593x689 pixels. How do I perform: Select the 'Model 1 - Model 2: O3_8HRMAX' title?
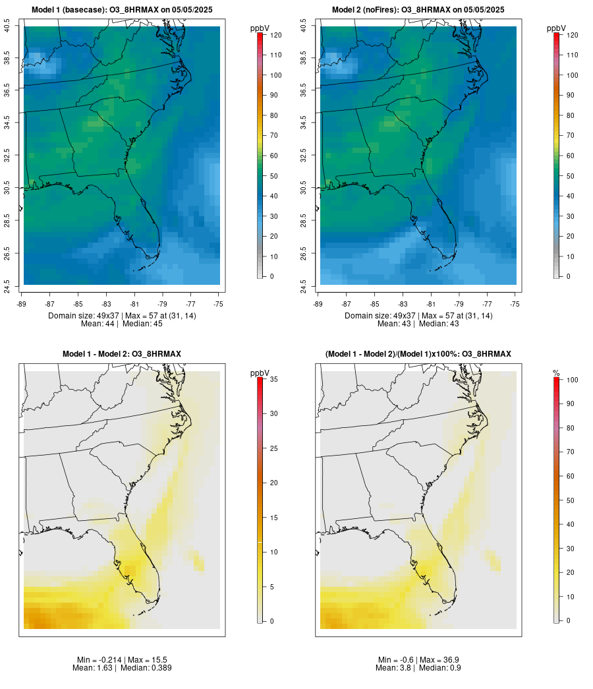point(122,354)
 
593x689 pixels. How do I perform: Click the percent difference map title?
point(418,354)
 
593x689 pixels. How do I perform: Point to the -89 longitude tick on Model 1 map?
point(22,304)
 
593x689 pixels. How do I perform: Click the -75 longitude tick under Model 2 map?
point(515,304)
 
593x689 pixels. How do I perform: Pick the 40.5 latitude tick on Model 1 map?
point(7,26)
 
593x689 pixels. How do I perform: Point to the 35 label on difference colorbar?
point(273,379)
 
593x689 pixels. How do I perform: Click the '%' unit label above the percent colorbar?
point(556,373)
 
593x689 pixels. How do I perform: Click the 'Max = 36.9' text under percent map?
point(437,660)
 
